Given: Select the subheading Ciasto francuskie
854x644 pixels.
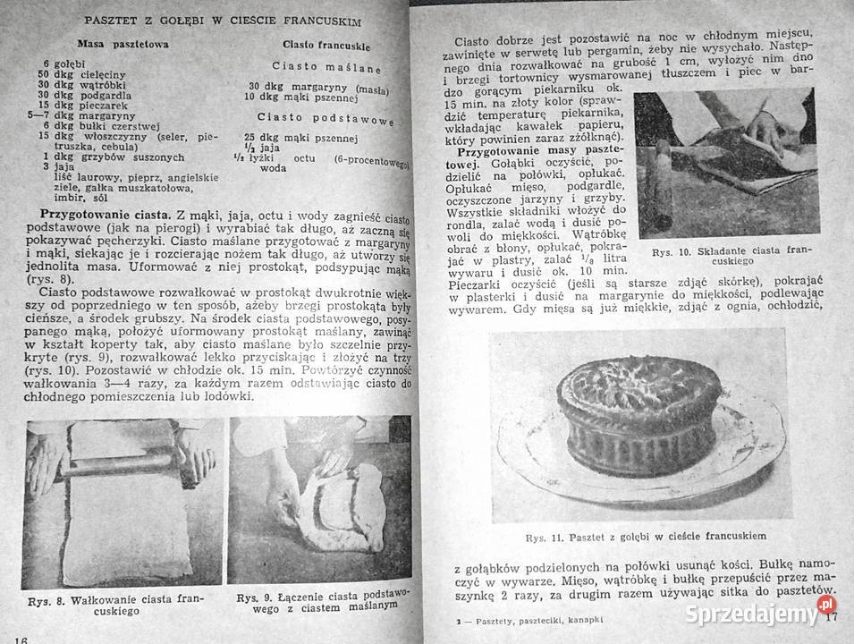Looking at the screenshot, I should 326,44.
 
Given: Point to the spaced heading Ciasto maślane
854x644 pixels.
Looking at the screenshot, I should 326,67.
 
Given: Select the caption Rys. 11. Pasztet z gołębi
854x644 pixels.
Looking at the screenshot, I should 637,537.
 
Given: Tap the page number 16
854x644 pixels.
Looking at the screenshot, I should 22,637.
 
